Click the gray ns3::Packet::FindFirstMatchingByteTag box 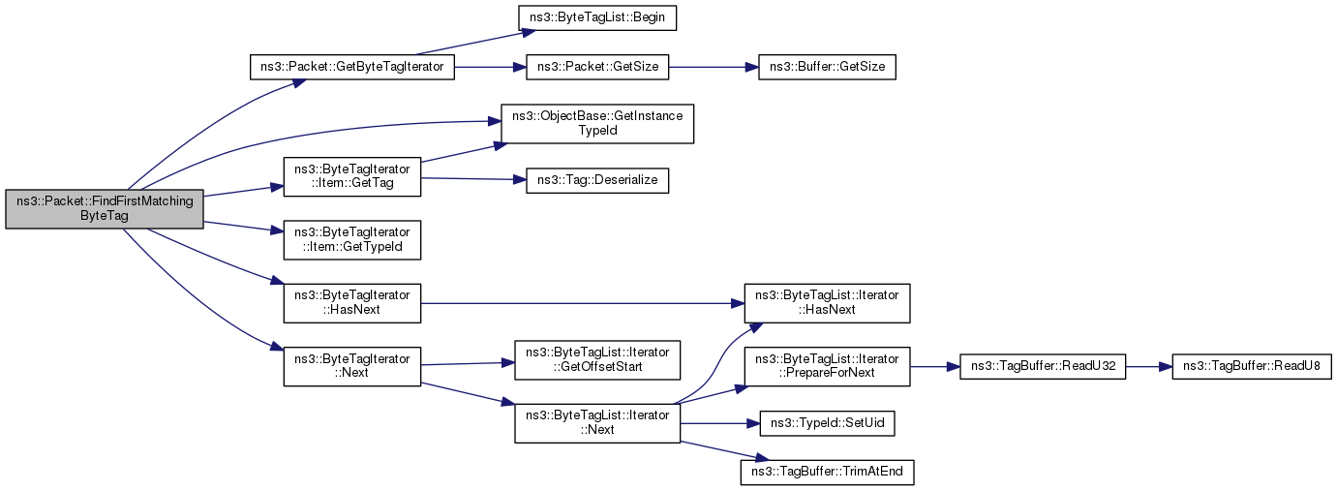pos(105,209)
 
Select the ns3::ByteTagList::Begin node pos(597,17)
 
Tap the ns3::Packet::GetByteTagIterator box pos(352,67)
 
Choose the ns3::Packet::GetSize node pos(597,67)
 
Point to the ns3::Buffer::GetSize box pos(827,67)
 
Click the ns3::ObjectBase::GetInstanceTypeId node pos(597,124)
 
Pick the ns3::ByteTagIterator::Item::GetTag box pos(352,177)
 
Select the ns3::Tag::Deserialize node pos(597,180)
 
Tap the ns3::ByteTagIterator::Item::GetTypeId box pos(352,240)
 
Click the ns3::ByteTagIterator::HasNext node pos(352,303)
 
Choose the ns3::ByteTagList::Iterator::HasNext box pos(827,303)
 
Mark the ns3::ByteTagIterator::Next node pos(352,367)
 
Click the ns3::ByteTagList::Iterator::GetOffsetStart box pos(597,360)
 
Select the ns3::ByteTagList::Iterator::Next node pos(597,423)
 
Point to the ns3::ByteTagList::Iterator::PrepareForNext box pos(827,367)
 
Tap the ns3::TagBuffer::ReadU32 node pos(1042,367)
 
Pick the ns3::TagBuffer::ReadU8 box pos(1252,367)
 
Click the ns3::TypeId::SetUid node pos(827,423)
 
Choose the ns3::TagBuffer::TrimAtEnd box pos(827,472)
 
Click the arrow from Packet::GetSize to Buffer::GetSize pos(714,68)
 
